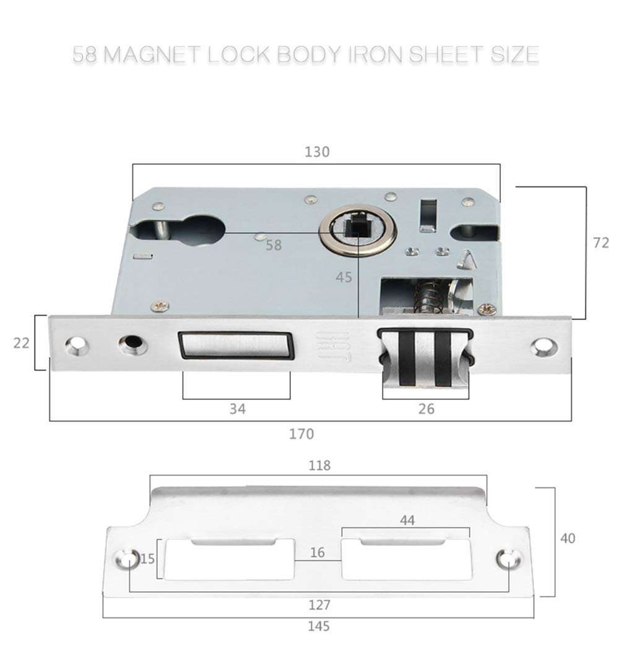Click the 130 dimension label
[317, 152]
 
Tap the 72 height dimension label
[600, 243]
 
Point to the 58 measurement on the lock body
[274, 245]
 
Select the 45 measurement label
[344, 277]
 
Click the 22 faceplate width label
[22, 342]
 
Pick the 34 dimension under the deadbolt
[237, 409]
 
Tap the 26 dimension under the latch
[426, 409]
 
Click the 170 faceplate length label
[301, 433]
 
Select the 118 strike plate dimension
[319, 466]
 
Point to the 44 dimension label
[407, 521]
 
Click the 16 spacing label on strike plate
[318, 552]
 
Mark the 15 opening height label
[147, 559]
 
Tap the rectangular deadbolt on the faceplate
[235, 346]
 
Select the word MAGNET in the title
[151, 54]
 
